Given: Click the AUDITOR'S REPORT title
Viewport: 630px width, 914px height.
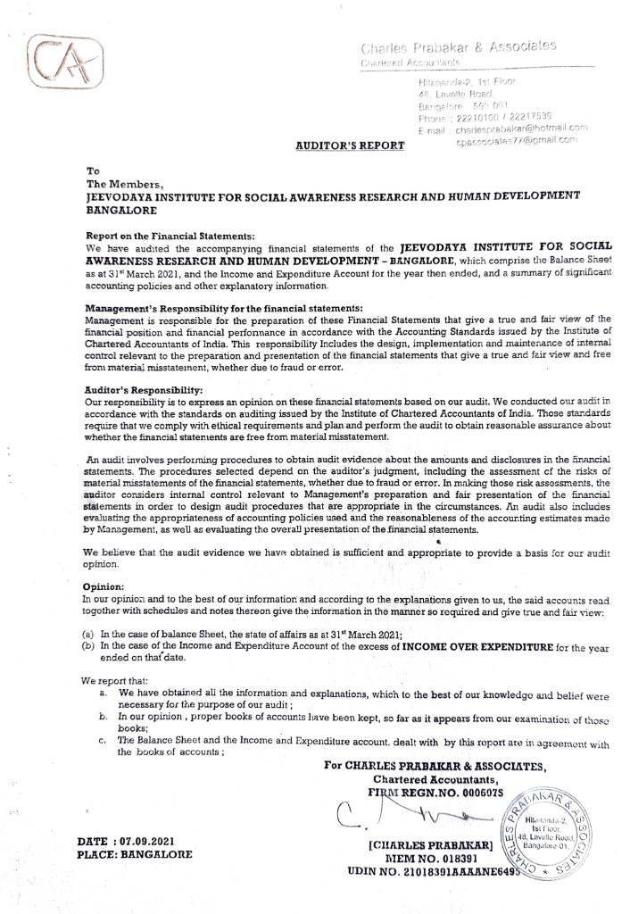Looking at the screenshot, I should pyautogui.click(x=349, y=144).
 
